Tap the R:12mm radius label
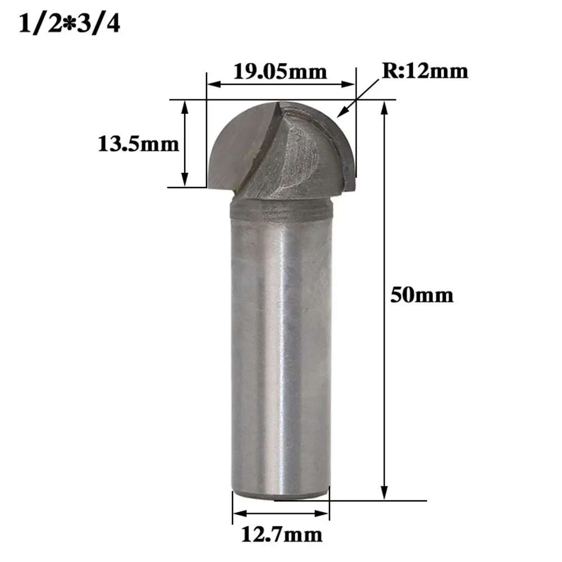[425, 71]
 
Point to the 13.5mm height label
[138, 144]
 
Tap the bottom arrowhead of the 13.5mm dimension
[185, 180]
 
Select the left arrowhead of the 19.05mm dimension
[213, 85]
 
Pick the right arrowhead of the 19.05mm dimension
[349, 85]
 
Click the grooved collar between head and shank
[281, 212]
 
